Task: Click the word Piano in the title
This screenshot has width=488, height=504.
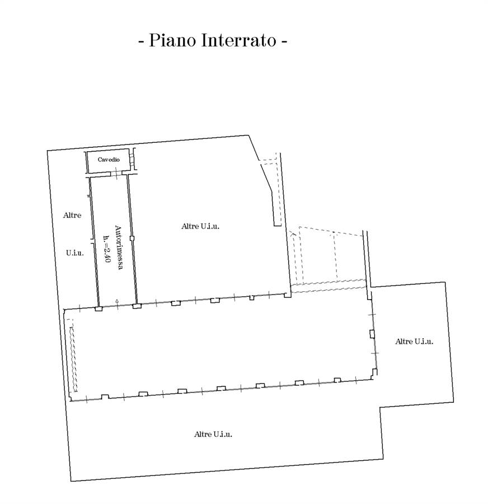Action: pyautogui.click(x=171, y=41)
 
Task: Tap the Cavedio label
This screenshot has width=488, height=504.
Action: pyautogui.click(x=109, y=160)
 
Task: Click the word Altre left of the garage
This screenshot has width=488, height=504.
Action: pyautogui.click(x=72, y=215)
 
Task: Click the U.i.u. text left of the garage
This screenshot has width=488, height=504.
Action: pyautogui.click(x=74, y=253)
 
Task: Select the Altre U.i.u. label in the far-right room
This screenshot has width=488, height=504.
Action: pyautogui.click(x=414, y=341)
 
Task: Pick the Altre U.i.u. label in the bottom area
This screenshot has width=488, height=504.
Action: pyautogui.click(x=213, y=434)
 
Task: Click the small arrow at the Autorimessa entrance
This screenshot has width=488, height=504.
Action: pyautogui.click(x=117, y=302)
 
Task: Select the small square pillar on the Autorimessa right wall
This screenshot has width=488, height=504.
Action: pyautogui.click(x=132, y=238)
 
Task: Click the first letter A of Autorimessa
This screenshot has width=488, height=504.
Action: pyautogui.click(x=118, y=228)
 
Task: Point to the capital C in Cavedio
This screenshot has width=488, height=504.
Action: pyautogui.click(x=100, y=160)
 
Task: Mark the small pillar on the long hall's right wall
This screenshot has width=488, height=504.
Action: pyautogui.click(x=372, y=334)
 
